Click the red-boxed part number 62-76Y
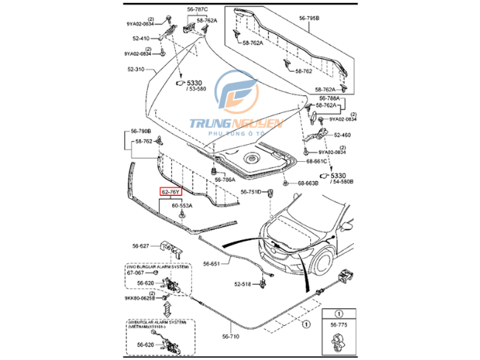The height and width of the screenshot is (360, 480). tap(170, 192)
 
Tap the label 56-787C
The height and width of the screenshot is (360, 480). tap(197, 10)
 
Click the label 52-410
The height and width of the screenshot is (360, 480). tap(141, 38)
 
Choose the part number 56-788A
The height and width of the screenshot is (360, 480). tap(329, 98)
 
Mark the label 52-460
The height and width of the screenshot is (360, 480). tap(343, 135)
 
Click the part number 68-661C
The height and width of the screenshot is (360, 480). tap(318, 160)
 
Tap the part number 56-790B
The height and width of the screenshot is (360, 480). tap(141, 131)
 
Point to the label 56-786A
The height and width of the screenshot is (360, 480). tap(224, 180)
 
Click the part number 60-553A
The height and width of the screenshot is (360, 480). tap(182, 206)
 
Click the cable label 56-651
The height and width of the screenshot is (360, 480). tap(212, 263)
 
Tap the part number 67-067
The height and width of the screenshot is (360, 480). tap(136, 273)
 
